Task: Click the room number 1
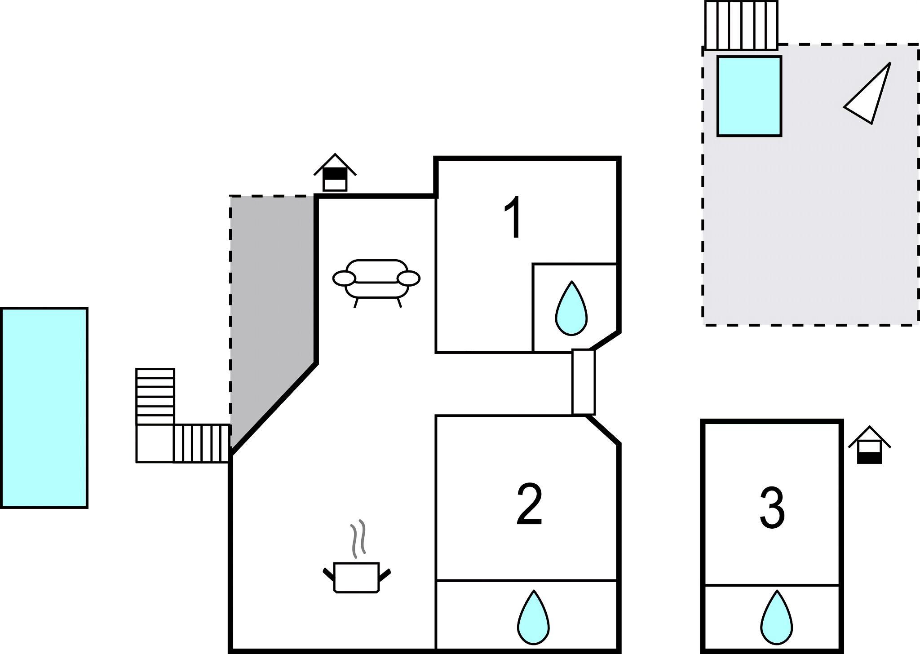coord(513,218)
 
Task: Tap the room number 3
coord(772,508)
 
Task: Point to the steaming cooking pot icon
coord(357,577)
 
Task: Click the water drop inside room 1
coord(571,309)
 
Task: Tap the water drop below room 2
coord(533,618)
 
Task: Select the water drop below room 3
coord(776,618)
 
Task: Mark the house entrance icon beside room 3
coord(869,446)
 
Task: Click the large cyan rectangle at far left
coord(44,407)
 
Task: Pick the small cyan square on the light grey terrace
coord(749,96)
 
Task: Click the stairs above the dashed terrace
coord(741,25)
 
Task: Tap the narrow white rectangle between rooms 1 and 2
coord(583,382)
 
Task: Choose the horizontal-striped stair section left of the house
coord(155,397)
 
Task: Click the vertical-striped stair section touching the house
coord(201,443)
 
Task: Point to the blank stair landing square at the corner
coord(155,443)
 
